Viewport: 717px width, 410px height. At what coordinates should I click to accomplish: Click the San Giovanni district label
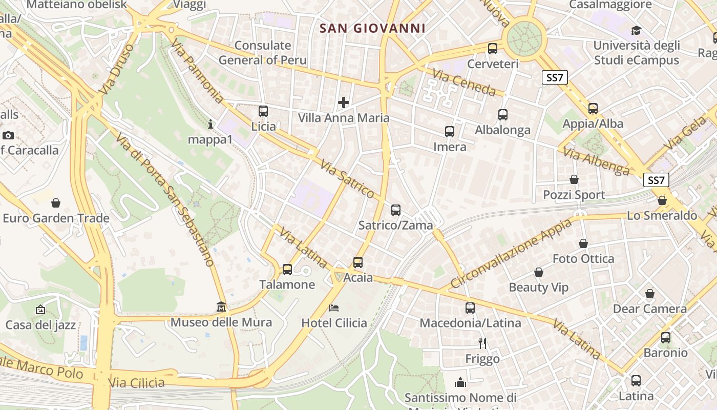372,28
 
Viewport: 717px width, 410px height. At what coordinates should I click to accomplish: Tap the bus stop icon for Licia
263,111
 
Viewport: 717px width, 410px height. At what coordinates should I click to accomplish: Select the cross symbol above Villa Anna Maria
344,102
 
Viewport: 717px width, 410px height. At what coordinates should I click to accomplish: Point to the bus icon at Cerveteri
493,49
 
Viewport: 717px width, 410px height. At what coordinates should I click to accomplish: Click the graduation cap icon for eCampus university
636,30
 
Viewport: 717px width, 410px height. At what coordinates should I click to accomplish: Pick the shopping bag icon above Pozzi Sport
574,179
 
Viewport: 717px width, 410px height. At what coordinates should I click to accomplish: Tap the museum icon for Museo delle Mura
221,306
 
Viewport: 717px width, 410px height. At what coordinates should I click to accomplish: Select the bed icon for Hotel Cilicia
334,307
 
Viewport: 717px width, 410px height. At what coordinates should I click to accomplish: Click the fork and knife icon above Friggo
482,343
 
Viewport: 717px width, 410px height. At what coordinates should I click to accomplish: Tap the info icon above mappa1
210,124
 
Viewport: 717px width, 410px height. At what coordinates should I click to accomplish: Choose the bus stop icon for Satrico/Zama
395,210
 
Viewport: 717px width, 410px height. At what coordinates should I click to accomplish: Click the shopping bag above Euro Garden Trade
56,202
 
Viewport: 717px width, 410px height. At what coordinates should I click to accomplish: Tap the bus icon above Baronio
666,337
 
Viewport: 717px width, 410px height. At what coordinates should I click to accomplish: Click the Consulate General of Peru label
263,53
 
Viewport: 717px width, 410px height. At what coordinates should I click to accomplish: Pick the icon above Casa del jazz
40,310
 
